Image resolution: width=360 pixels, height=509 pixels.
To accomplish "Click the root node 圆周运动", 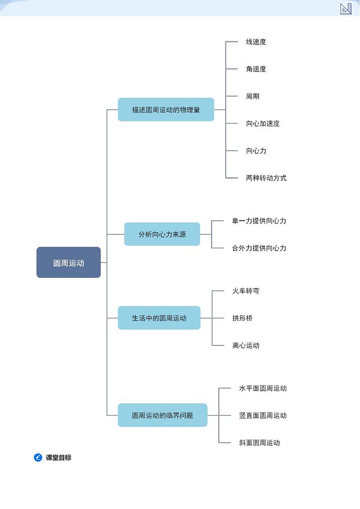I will [68, 262].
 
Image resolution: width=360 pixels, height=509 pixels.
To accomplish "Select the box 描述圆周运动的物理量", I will [166, 110].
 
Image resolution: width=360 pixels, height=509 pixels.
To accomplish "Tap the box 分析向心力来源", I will [162, 234].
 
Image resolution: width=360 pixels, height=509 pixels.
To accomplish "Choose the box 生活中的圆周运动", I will [159, 318].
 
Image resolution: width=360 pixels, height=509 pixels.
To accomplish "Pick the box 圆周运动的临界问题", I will [162, 415].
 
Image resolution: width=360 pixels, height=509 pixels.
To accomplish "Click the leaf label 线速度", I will [256, 42].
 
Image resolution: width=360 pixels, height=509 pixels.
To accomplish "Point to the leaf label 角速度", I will [256, 69].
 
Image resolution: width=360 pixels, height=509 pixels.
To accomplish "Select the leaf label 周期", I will [253, 96].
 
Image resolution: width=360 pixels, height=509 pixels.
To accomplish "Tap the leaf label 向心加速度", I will [263, 123].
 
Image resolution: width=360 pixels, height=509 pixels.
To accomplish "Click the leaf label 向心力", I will [256, 150].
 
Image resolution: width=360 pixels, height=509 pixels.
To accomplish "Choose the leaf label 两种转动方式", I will [266, 178].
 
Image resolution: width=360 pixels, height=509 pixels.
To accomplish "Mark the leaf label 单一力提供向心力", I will [259, 221].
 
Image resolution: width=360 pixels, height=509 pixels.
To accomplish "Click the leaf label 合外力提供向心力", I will [259, 248].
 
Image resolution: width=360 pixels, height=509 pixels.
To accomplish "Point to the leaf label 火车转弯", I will [246, 291].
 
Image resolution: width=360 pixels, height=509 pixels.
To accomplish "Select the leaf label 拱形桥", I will [242, 318].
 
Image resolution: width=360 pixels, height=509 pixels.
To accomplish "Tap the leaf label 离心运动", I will [246, 345].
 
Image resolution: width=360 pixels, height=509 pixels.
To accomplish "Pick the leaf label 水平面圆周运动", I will [263, 388].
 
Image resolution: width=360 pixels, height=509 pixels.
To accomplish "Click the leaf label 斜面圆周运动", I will [259, 443].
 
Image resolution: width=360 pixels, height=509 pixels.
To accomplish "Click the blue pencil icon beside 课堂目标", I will [38, 457].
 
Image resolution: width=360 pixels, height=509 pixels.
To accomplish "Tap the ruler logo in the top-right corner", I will [346, 9].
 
